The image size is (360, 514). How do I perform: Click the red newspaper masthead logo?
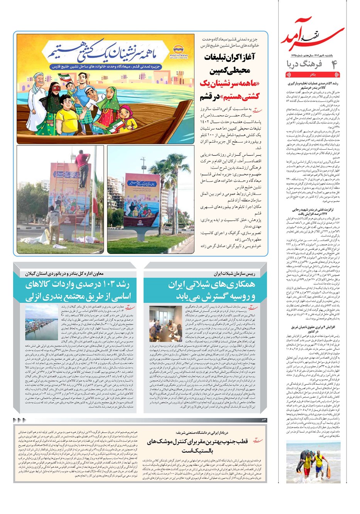(313, 37)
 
